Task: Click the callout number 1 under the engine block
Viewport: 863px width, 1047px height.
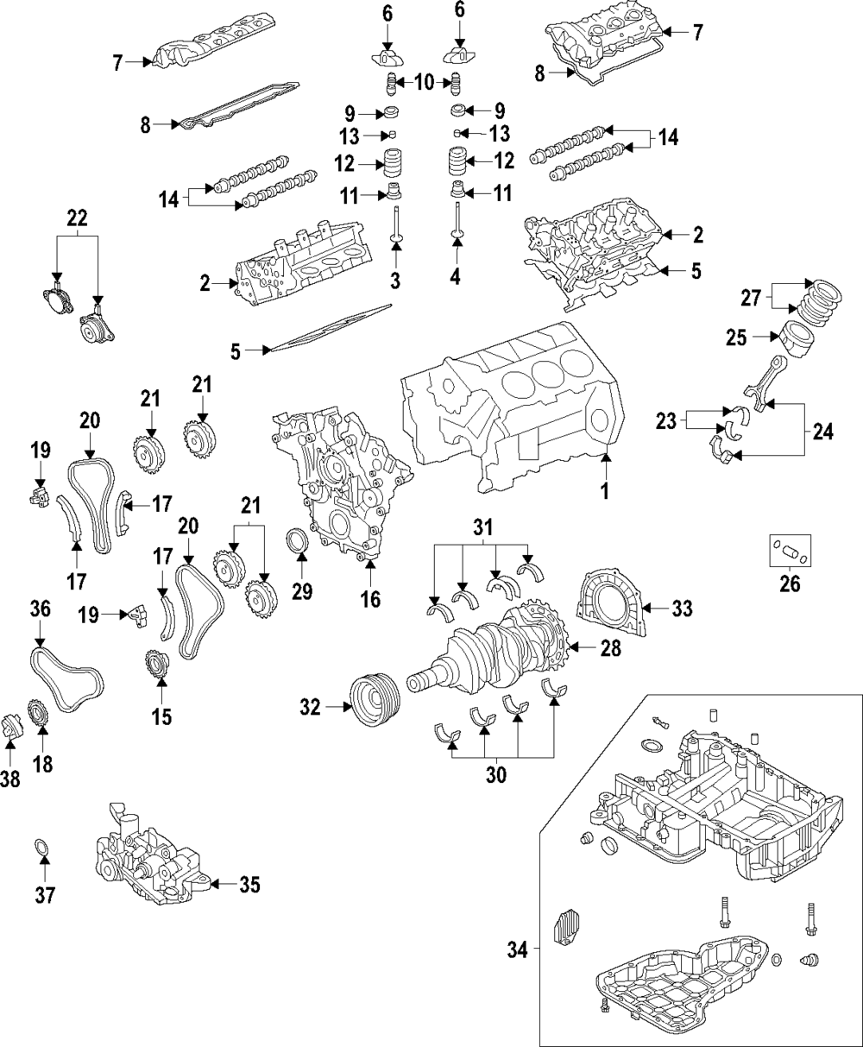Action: (x=605, y=492)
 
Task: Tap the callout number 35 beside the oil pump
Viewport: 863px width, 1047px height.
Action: (x=249, y=885)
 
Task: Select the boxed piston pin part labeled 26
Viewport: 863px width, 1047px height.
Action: (x=789, y=551)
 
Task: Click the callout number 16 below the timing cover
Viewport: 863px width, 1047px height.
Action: (x=370, y=598)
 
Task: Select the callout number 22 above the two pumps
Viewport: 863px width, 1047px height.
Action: (x=78, y=219)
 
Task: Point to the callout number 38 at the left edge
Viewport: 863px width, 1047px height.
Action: (x=10, y=779)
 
